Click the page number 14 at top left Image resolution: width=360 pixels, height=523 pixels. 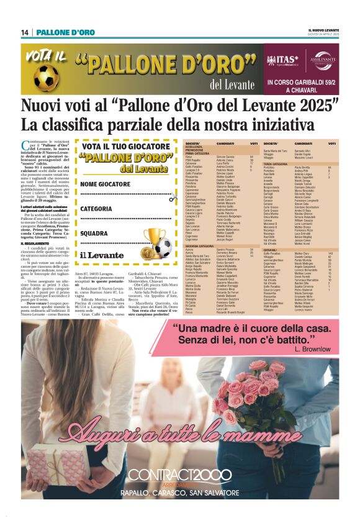point(25,32)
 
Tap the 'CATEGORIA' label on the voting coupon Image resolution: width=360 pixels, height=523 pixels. point(96,209)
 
